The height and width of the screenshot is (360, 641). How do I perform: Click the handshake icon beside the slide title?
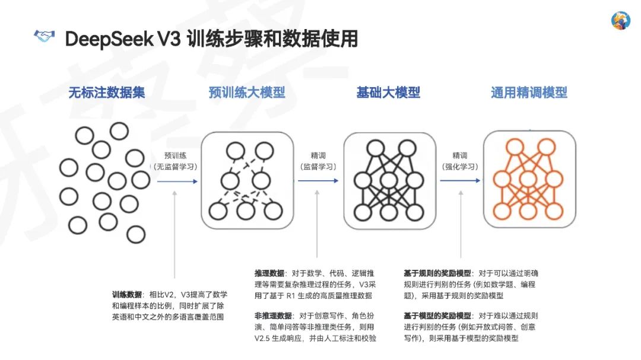(44, 37)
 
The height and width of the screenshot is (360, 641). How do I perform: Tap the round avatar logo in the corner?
(620, 20)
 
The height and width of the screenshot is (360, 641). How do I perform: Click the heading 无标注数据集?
(106, 93)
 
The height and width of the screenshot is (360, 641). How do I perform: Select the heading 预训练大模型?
(247, 93)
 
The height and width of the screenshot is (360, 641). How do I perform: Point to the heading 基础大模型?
(388, 93)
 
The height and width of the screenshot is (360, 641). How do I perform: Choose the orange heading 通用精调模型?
(529, 93)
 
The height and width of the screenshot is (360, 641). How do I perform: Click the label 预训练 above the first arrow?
(176, 155)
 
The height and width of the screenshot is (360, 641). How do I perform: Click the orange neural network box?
(529, 180)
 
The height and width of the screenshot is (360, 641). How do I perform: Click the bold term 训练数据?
(127, 294)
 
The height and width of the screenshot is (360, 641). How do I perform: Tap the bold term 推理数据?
(269, 273)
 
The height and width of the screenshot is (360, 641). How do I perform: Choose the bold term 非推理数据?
(273, 316)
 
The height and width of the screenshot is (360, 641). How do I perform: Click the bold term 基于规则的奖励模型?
(437, 273)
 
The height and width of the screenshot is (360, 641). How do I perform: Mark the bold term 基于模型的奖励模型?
(437, 316)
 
